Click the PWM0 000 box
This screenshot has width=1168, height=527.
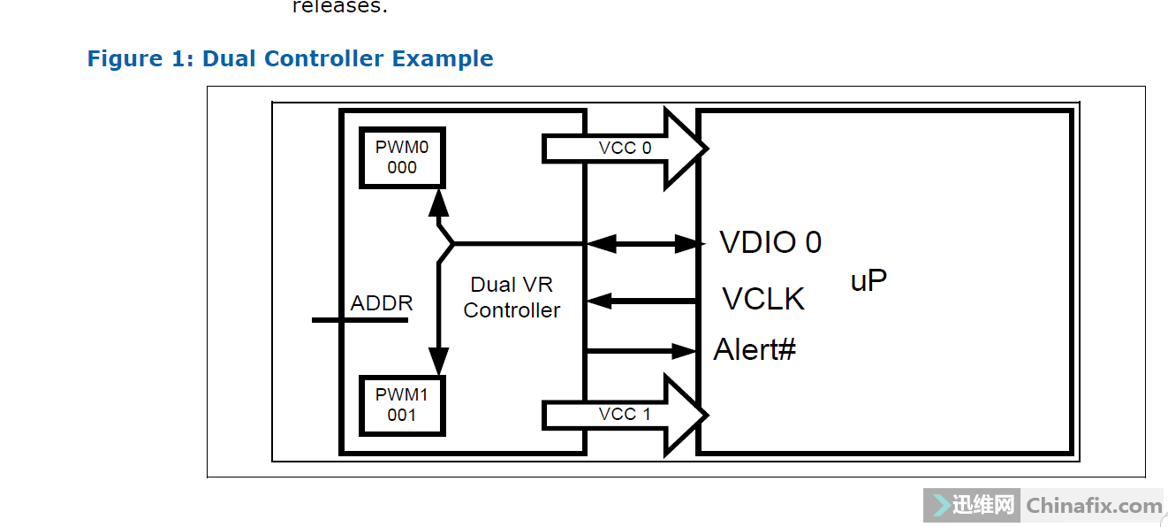point(401,157)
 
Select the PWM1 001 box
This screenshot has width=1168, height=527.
point(401,405)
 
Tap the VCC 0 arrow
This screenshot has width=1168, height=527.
point(624,148)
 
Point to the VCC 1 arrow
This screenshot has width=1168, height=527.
point(624,414)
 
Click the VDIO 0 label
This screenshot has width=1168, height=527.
point(770,242)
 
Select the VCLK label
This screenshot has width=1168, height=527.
point(763,299)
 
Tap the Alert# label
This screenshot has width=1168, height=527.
point(755,350)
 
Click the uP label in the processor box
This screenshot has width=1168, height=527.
point(868,281)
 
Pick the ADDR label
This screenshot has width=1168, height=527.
point(382,303)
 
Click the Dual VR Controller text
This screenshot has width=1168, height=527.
point(512,297)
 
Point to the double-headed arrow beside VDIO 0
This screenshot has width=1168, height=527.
point(642,243)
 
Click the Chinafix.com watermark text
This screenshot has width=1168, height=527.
point(1094,507)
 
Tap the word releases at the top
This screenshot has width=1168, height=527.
point(339,7)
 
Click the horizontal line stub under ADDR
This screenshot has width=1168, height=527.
point(360,319)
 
